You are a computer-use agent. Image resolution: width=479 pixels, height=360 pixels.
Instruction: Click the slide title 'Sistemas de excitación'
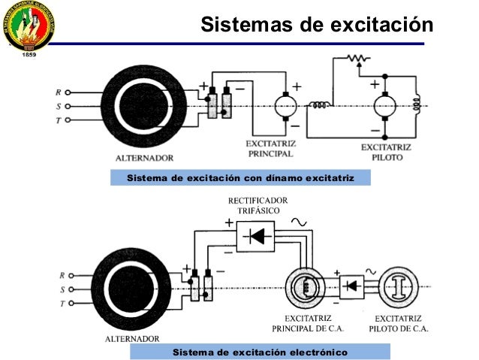point(317,25)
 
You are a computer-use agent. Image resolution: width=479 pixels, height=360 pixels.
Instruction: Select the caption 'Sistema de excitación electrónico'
point(260,352)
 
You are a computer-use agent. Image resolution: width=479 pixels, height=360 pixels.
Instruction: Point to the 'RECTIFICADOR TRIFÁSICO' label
point(258,206)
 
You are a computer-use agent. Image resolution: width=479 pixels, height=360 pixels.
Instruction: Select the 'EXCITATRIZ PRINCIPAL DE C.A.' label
point(303,323)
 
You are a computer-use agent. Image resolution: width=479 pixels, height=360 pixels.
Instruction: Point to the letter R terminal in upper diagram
point(59,92)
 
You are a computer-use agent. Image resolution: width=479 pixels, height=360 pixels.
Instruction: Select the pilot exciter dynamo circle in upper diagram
point(385,106)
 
